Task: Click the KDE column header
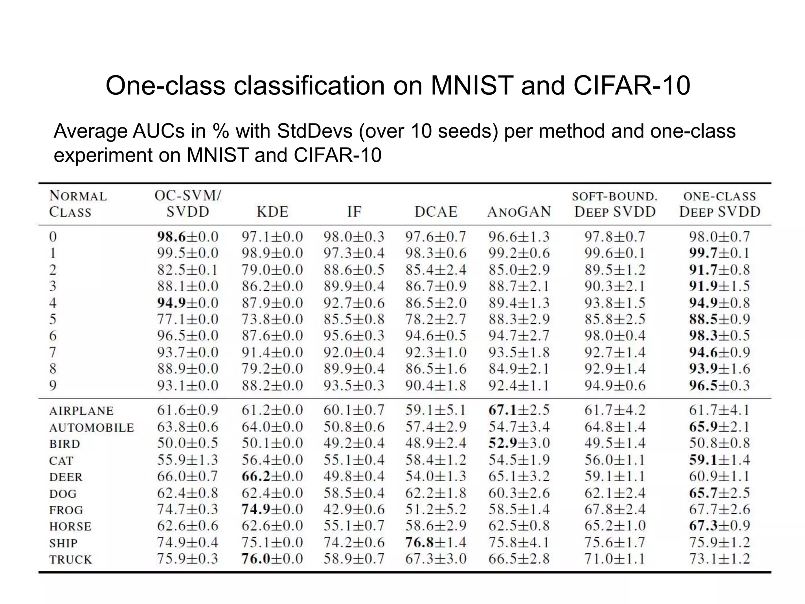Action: [272, 212]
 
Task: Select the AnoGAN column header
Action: [519, 212]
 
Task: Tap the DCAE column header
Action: [436, 212]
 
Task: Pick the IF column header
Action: [354, 212]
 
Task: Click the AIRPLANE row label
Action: [81, 411]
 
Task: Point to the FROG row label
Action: [66, 510]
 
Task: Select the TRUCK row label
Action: [70, 559]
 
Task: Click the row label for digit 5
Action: [53, 319]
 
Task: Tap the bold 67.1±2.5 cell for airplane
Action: [519, 410]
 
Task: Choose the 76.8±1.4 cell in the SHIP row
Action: [436, 542]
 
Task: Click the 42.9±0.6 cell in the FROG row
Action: [354, 509]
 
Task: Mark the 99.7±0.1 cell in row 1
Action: [719, 253]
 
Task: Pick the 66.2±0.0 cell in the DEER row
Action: [272, 476]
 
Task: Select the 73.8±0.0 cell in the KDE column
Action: [272, 319]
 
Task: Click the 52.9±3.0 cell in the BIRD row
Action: [519, 443]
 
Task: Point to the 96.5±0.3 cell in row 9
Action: [719, 385]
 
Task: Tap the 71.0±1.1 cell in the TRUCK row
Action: [615, 559]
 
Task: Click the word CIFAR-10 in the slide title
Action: [632, 85]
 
